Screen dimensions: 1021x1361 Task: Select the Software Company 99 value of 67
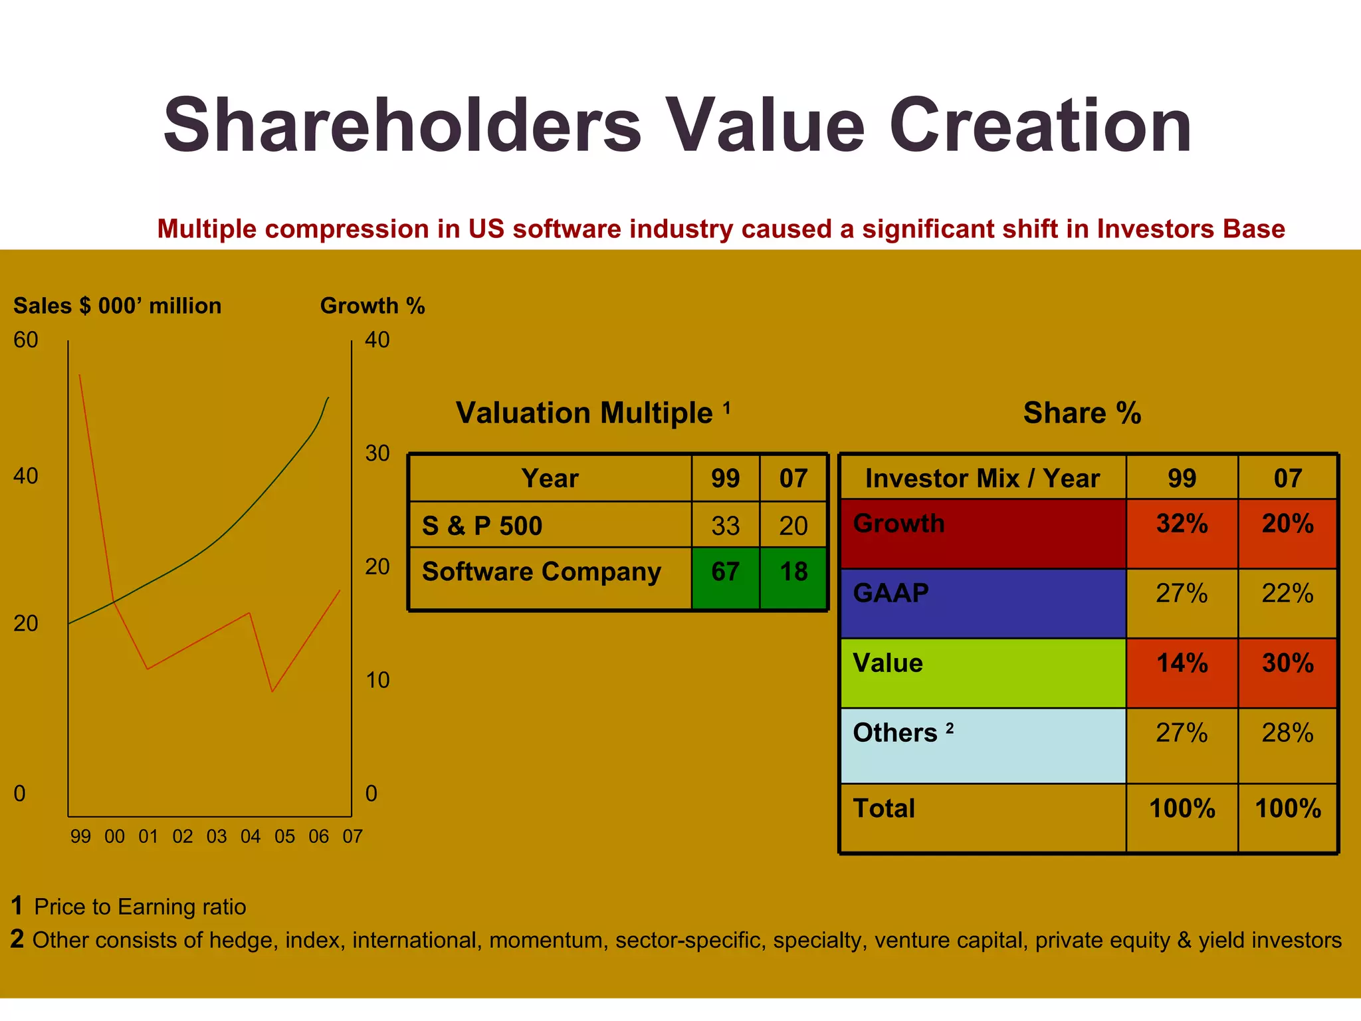[x=725, y=572]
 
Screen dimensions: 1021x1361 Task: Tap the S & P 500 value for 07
[x=793, y=526]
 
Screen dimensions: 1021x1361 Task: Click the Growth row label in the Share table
[x=898, y=524]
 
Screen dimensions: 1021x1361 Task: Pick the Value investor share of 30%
[x=1287, y=663]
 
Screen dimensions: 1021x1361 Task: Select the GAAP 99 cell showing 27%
[x=1182, y=594]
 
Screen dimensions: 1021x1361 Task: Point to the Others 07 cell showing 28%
[x=1287, y=733]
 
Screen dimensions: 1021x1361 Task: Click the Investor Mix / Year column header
[x=982, y=479]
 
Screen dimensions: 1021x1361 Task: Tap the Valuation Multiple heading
[x=584, y=413]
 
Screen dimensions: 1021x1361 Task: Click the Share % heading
[x=1082, y=413]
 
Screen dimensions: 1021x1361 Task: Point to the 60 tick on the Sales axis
[x=26, y=340]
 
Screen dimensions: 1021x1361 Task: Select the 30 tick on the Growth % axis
[x=377, y=454]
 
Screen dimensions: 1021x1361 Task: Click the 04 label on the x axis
[x=251, y=837]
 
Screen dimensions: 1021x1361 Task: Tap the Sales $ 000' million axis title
[x=118, y=306]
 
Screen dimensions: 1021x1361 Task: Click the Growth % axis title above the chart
[x=372, y=306]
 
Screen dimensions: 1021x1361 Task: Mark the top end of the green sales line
[x=328, y=398]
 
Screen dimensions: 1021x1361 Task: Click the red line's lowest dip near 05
[x=272, y=692]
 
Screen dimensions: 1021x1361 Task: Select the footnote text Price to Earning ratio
[x=140, y=907]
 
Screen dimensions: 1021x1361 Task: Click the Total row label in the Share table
[x=884, y=809]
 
